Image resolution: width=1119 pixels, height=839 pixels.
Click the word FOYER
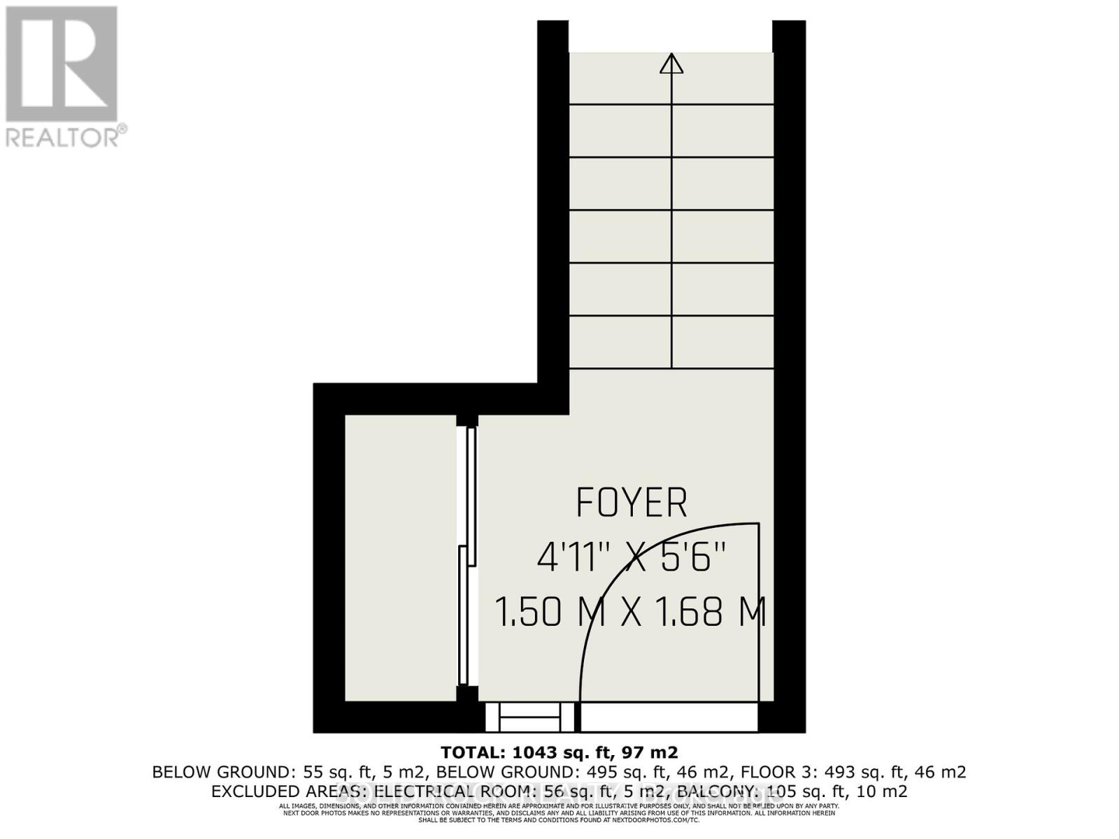coord(632,503)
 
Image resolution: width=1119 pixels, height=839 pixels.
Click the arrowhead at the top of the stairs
coord(671,64)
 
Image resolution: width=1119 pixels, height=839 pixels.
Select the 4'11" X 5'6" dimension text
coord(632,559)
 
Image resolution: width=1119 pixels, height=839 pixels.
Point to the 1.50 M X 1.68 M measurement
coord(632,612)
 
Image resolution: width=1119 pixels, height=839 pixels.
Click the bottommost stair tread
coord(671,342)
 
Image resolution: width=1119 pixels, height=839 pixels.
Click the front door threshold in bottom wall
coord(669,717)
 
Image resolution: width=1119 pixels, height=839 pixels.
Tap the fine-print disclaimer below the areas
coord(559,812)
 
